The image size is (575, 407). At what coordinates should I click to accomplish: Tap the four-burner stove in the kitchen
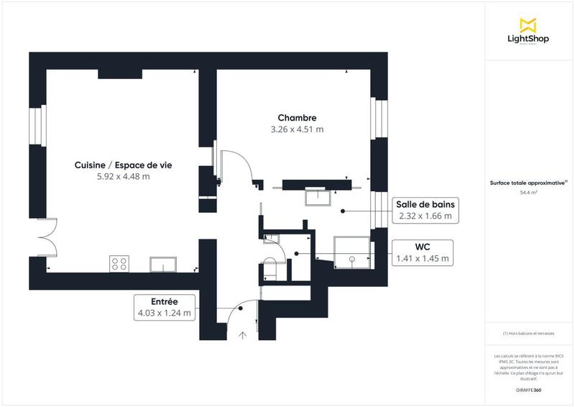tap(119, 264)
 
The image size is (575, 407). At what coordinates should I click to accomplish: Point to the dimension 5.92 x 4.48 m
tap(123, 177)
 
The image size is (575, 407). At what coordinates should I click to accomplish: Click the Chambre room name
tap(297, 118)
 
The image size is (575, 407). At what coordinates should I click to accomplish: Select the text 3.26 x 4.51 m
tap(297, 130)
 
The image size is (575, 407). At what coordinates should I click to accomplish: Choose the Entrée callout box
tap(165, 306)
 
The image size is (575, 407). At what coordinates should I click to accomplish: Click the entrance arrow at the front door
tap(243, 334)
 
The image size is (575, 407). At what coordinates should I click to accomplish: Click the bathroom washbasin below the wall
tap(316, 196)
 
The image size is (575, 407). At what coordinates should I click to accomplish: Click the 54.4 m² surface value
tap(529, 193)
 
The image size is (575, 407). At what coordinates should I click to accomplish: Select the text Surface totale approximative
tap(528, 184)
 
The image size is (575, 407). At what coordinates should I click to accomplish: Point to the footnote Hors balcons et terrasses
tap(529, 334)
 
